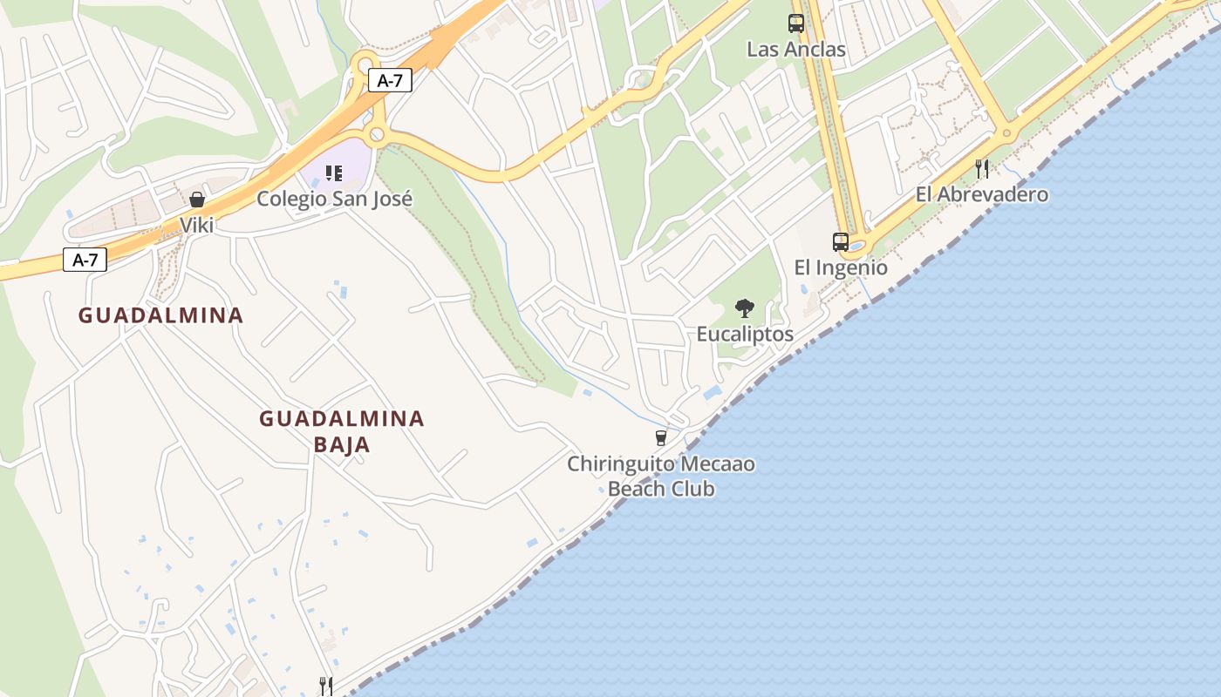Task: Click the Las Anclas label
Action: point(795,50)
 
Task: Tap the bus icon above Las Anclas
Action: point(795,24)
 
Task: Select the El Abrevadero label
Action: point(981,194)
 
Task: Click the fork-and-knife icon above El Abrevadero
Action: point(981,167)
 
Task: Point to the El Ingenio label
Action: point(840,267)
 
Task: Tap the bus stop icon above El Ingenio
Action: point(840,241)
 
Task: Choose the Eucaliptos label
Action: point(745,334)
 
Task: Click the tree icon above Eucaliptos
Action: point(744,308)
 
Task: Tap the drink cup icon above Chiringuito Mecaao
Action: point(660,437)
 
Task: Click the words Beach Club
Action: point(660,489)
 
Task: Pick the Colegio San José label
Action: point(334,199)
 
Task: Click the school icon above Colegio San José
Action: point(333,173)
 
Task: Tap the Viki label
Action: point(196,225)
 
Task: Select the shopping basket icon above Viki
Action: point(196,200)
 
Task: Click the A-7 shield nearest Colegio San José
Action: point(389,81)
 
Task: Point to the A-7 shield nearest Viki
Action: point(85,260)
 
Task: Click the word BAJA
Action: point(341,444)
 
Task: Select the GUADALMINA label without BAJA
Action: point(160,315)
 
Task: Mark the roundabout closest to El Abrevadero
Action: point(1007,134)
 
